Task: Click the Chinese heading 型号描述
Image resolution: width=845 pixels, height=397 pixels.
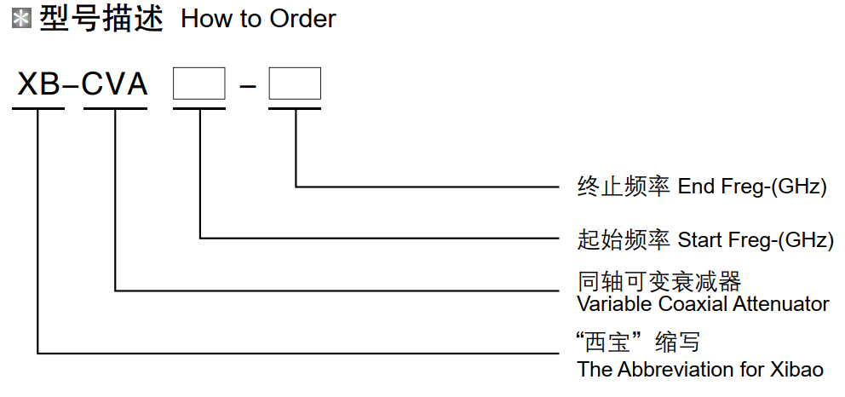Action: pos(101,19)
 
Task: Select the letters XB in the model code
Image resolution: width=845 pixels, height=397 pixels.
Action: pos(38,84)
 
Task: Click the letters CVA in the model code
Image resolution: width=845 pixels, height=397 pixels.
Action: pos(115,84)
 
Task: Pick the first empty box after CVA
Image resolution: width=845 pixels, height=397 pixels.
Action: pos(199,83)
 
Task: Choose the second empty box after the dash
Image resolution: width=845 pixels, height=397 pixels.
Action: pos(295,83)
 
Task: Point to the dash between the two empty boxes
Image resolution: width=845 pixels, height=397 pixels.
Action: pos(247,84)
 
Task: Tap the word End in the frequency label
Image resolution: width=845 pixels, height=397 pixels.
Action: pos(696,187)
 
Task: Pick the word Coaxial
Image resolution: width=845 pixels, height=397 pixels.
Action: pos(681,303)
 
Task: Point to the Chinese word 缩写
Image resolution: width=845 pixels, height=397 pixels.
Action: pos(677,343)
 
